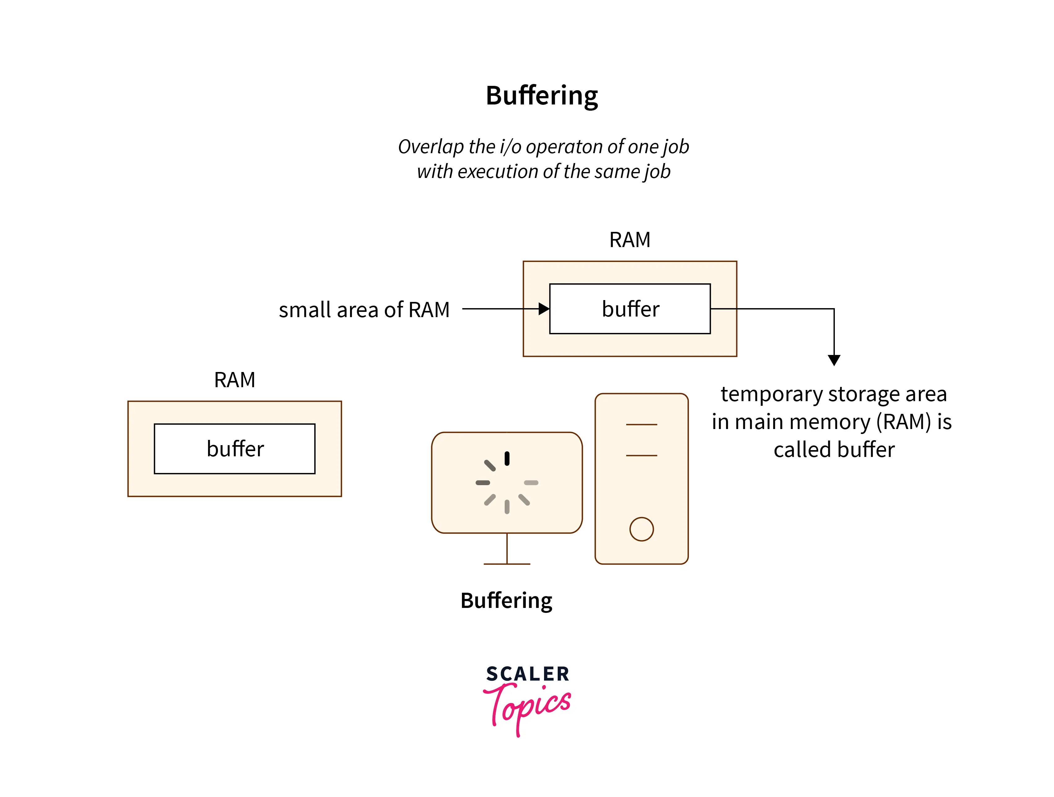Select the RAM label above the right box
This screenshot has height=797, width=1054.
(629, 240)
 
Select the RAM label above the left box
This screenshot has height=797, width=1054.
(234, 380)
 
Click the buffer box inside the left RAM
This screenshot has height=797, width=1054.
(234, 449)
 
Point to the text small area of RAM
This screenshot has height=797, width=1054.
(364, 310)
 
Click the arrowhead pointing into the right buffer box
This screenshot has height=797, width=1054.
(544, 309)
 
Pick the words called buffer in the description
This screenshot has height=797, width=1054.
(834, 450)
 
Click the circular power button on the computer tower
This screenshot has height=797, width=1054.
(641, 529)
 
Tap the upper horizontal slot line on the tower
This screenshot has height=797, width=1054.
(641, 424)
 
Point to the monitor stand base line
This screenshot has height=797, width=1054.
(507, 564)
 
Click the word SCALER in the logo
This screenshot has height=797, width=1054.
(528, 674)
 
